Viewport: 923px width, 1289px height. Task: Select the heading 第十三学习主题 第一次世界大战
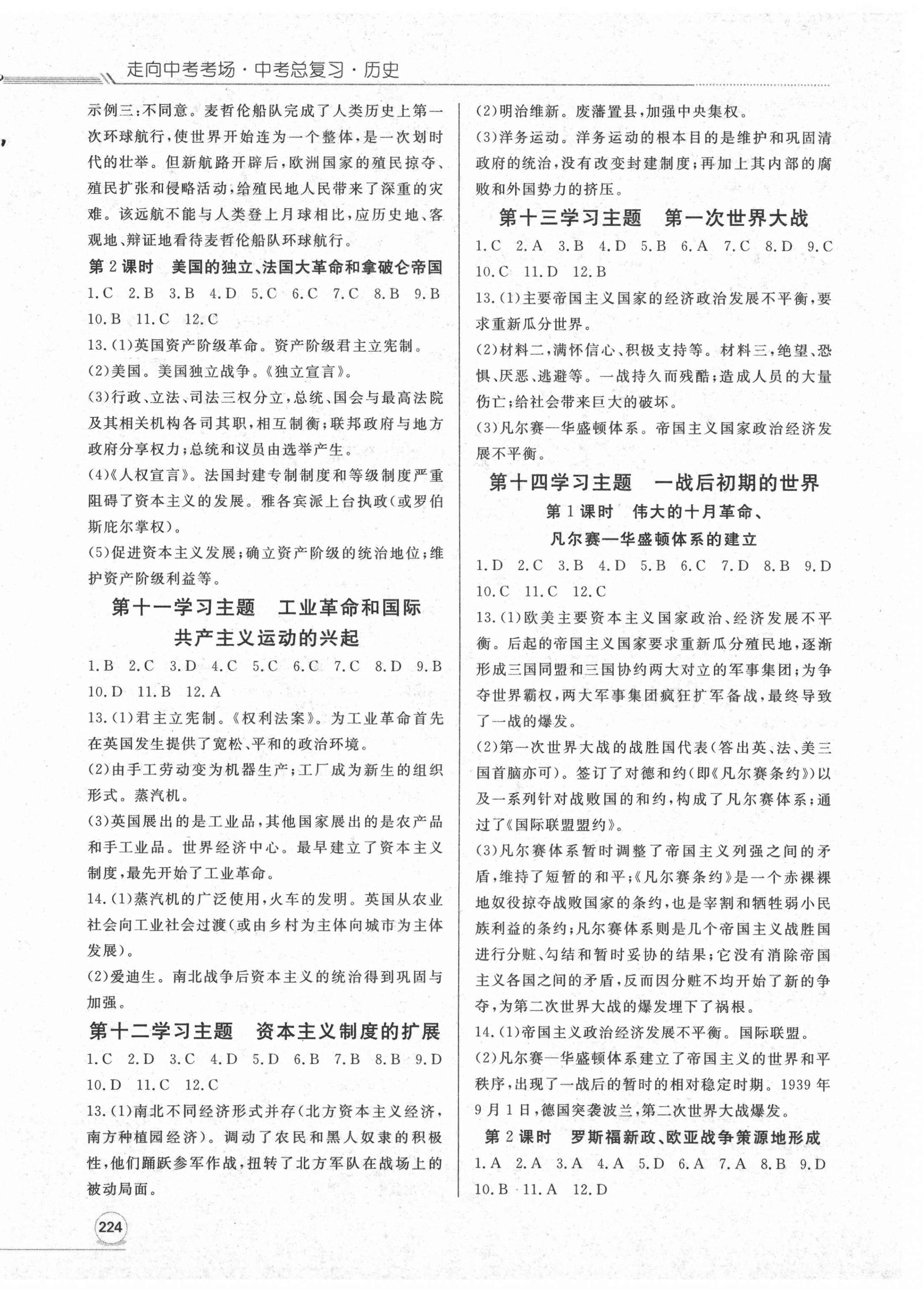click(x=653, y=218)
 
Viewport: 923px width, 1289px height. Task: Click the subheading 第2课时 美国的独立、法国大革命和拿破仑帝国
click(x=265, y=268)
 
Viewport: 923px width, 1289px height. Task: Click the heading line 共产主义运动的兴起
click(x=266, y=638)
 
